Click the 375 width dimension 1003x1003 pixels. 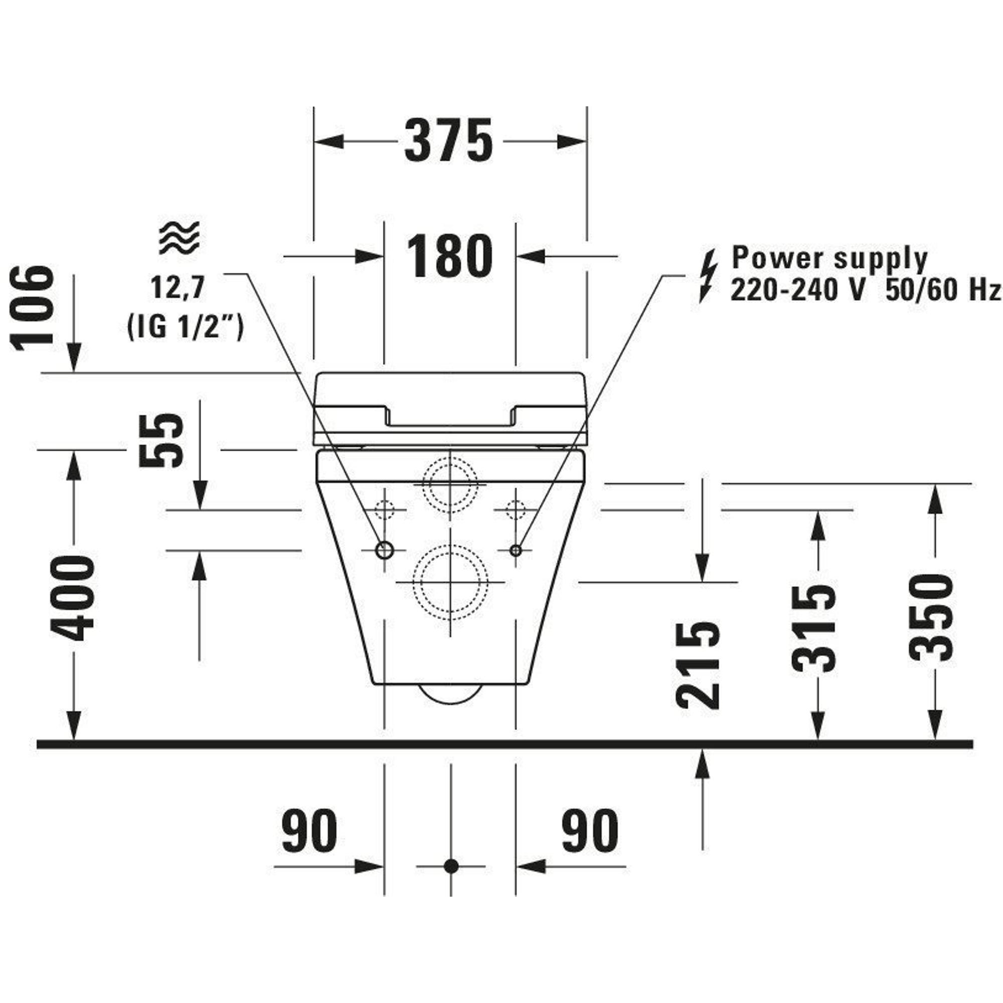pos(448,141)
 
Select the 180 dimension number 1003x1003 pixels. pos(449,255)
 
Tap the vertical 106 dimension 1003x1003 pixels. pos(32,308)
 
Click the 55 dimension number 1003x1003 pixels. pos(161,440)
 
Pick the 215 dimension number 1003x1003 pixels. pos(698,665)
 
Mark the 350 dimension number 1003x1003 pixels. pos(932,617)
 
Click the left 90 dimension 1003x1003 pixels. pos(309,830)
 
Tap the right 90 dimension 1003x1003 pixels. pos(590,830)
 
